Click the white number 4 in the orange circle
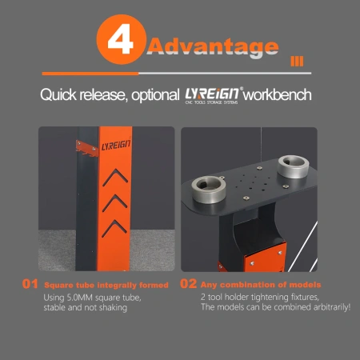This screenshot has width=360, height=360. pos(120,39)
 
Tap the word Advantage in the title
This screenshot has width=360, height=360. pos(213,47)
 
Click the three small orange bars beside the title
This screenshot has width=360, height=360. pos(297,62)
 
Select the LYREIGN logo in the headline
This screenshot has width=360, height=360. pos(212,94)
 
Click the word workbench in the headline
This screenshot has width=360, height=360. pos(278,94)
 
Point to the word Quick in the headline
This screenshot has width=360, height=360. pos(58,95)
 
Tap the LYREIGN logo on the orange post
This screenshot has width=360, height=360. pos(116,145)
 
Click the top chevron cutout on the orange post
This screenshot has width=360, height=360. pos(115,177)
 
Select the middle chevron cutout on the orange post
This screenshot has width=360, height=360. pos(115,202)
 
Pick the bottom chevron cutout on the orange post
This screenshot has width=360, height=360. pos(114,228)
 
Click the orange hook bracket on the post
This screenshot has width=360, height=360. pos(87,149)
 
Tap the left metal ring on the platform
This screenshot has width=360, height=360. pos(209,189)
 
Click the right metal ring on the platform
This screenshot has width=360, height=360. pos(293,166)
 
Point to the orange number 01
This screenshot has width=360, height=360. pos(30,284)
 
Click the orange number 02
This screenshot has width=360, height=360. pos(188,284)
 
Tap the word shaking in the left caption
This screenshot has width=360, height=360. pos(113,308)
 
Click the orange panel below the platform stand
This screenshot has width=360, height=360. pos(265,258)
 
